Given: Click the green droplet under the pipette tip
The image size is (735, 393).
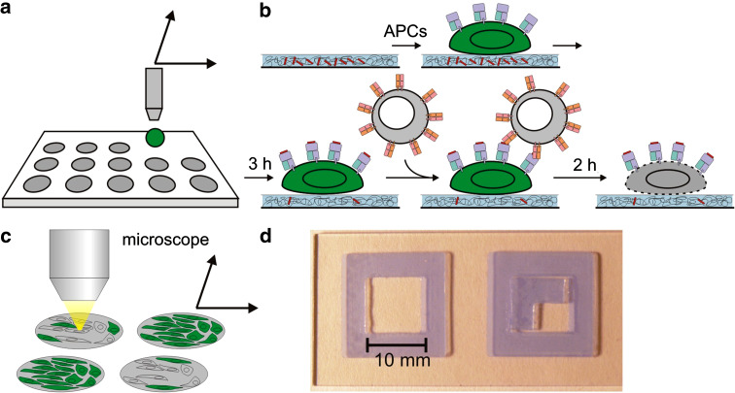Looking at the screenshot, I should tap(155, 136).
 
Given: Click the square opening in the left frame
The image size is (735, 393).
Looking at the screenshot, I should tap(396, 306).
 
